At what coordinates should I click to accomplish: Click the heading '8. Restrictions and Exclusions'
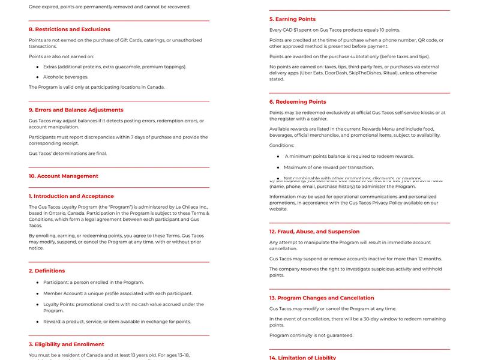[70, 29]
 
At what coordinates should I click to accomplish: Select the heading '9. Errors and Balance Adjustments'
[76, 110]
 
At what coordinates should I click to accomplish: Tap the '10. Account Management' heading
[63, 176]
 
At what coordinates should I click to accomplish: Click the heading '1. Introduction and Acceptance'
[71, 196]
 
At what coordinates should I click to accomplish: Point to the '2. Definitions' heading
[47, 271]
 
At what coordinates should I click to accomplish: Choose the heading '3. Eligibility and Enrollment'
[67, 344]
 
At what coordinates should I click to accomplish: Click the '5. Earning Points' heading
[292, 19]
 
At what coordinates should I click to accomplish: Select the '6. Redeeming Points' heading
[298, 102]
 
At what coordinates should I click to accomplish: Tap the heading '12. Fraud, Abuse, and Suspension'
[314, 232]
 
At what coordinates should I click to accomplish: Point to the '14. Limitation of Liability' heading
[302, 358]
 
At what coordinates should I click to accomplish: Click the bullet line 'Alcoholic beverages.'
[65, 77]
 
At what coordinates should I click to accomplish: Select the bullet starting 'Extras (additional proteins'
[115, 67]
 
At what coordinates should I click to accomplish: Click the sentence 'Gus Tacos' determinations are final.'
[68, 153]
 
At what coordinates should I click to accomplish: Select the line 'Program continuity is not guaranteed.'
[311, 335]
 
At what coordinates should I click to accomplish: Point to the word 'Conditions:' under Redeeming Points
[282, 145]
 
